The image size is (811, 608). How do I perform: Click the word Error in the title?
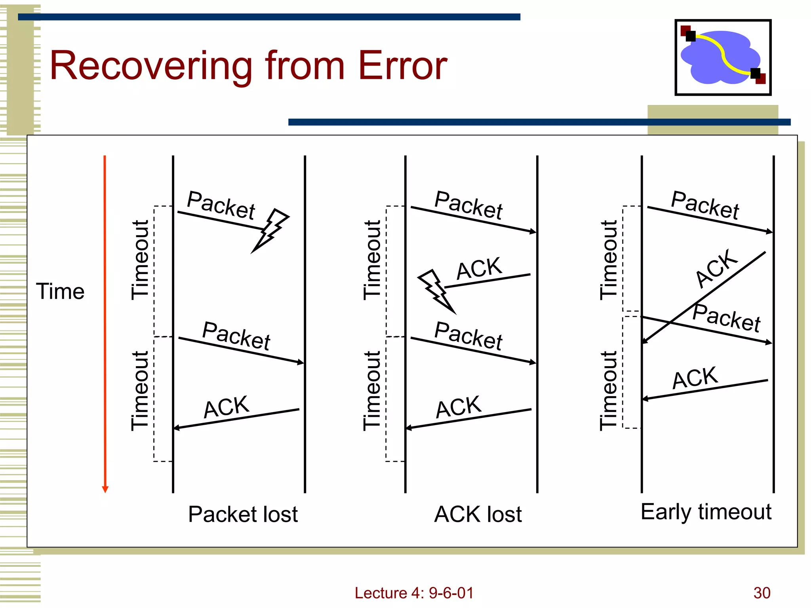[x=402, y=66]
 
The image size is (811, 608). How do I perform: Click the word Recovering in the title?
[x=151, y=66]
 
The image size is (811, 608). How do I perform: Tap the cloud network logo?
[x=723, y=57]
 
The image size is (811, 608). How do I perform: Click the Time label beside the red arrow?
[x=60, y=292]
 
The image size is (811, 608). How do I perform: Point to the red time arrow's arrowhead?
[x=105, y=489]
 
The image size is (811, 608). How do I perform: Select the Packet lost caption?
[x=243, y=514]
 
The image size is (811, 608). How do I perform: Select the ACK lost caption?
[x=478, y=514]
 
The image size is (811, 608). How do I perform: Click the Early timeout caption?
[x=706, y=512]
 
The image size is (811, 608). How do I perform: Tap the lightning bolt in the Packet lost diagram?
[x=270, y=230]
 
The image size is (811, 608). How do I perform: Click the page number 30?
[x=762, y=593]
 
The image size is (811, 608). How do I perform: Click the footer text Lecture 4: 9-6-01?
[x=414, y=593]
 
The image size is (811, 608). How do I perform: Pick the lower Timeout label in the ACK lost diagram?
[x=372, y=391]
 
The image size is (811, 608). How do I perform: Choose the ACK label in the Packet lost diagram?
[x=226, y=407]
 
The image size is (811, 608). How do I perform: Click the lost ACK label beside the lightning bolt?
[x=479, y=268]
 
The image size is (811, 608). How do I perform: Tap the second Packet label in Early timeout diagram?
[x=726, y=317]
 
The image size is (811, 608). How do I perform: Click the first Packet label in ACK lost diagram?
[x=468, y=205]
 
